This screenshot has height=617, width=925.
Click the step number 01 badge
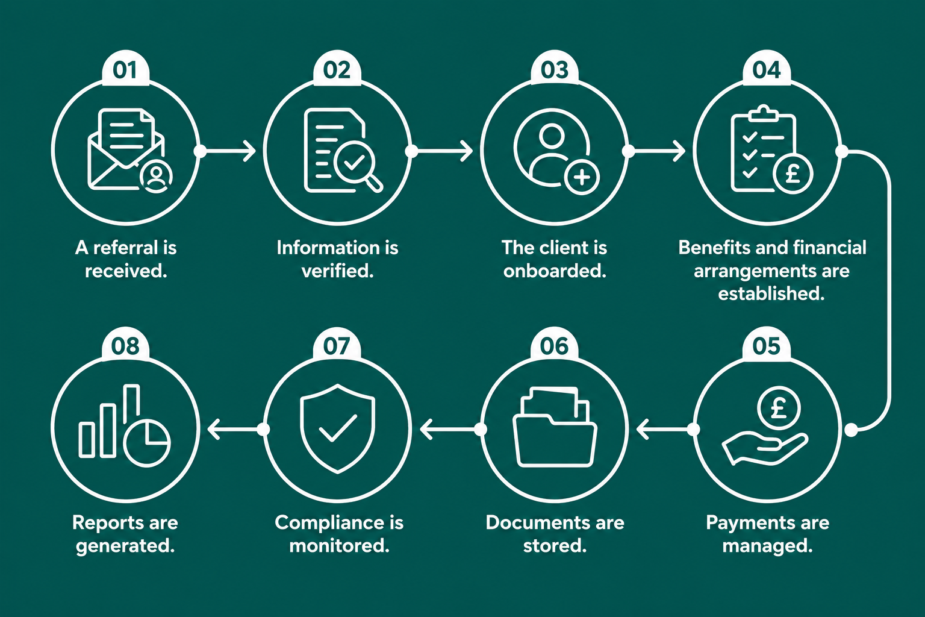(x=125, y=69)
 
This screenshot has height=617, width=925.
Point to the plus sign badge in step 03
(x=582, y=177)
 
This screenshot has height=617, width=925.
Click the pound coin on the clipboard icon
(x=793, y=174)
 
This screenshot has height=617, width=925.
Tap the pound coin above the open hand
(x=779, y=409)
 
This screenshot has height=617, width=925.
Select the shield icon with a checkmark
(x=338, y=428)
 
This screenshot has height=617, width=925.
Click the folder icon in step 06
(x=555, y=427)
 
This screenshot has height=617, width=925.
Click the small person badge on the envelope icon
(x=156, y=177)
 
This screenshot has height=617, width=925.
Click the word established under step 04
(x=771, y=293)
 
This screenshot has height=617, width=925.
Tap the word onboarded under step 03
(x=555, y=271)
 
